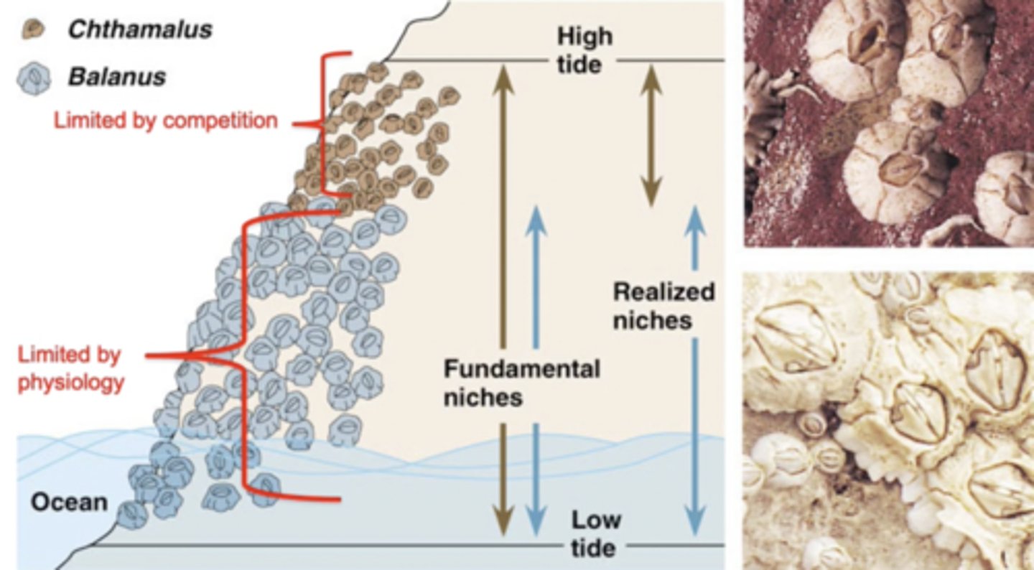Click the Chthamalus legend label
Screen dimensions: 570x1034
139,29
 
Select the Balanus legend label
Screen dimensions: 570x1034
116,76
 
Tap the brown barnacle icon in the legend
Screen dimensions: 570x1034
33,29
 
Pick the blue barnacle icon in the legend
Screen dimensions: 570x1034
33,78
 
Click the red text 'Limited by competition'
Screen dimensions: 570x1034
165,120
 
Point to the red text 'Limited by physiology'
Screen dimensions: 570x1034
70,368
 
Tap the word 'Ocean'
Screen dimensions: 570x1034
68,501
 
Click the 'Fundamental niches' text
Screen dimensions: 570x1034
521,383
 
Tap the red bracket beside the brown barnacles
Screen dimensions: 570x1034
322,123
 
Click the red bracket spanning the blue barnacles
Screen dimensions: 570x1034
244,355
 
